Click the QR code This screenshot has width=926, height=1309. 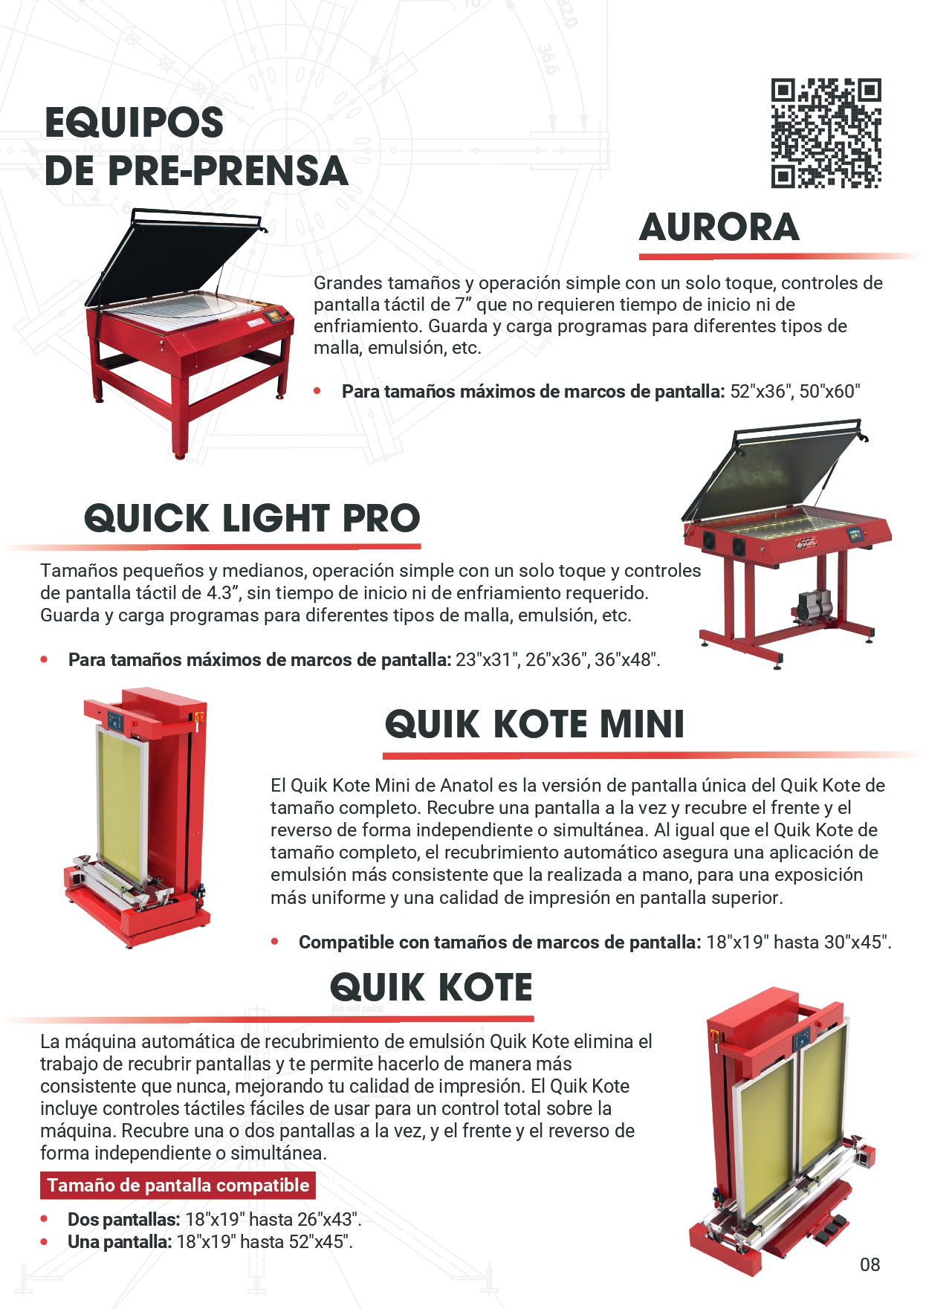coord(826,133)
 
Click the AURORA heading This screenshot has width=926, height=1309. coord(719,227)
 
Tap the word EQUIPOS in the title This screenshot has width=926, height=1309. coord(134,123)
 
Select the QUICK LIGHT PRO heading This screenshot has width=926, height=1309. coord(252,518)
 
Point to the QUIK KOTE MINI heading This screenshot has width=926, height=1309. coord(534,724)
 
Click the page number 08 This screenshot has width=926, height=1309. coord(870,1264)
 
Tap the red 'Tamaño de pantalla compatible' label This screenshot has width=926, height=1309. coord(178,1185)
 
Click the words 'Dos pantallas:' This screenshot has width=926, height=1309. coord(124,1219)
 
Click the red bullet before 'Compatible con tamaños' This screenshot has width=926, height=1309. coord(275,942)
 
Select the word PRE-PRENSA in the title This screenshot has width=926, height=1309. coord(227,171)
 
